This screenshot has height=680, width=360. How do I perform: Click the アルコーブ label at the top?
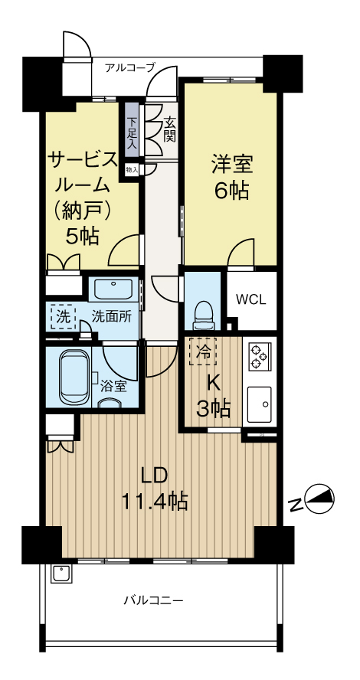pyautogui.click(x=130, y=67)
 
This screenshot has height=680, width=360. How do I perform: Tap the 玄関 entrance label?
pyautogui.click(x=169, y=130)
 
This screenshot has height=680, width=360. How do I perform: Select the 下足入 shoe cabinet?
pyautogui.click(x=131, y=132)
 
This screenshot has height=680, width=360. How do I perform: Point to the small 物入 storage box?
pyautogui.click(x=132, y=169)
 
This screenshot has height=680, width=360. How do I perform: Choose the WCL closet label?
pyautogui.click(x=251, y=300)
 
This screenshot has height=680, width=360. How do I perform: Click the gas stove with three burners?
pyautogui.click(x=260, y=357)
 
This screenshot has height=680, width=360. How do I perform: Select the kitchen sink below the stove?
pyautogui.click(x=260, y=404)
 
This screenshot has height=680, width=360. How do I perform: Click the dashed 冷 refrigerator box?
pyautogui.click(x=202, y=351)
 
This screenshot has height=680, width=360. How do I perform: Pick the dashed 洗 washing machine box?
pyautogui.click(x=64, y=317)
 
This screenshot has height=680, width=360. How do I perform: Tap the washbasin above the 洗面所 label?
pyautogui.click(x=113, y=289)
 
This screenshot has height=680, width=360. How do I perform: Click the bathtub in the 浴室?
pyautogui.click(x=75, y=378)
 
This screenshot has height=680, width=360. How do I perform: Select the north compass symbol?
pyautogui.click(x=320, y=498)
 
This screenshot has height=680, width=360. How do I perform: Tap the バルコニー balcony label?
pyautogui.click(x=153, y=601)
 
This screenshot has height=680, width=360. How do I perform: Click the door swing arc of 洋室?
pyautogui.click(x=237, y=247)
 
